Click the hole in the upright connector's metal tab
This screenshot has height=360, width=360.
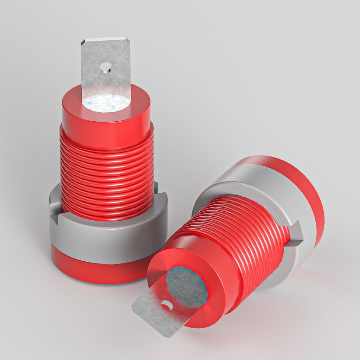tap(105, 67)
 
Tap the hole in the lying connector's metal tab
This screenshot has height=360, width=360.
tap(166, 305)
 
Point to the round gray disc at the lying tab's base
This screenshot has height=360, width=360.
tap(187, 284)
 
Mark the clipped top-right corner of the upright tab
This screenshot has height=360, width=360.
tap(127, 39)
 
